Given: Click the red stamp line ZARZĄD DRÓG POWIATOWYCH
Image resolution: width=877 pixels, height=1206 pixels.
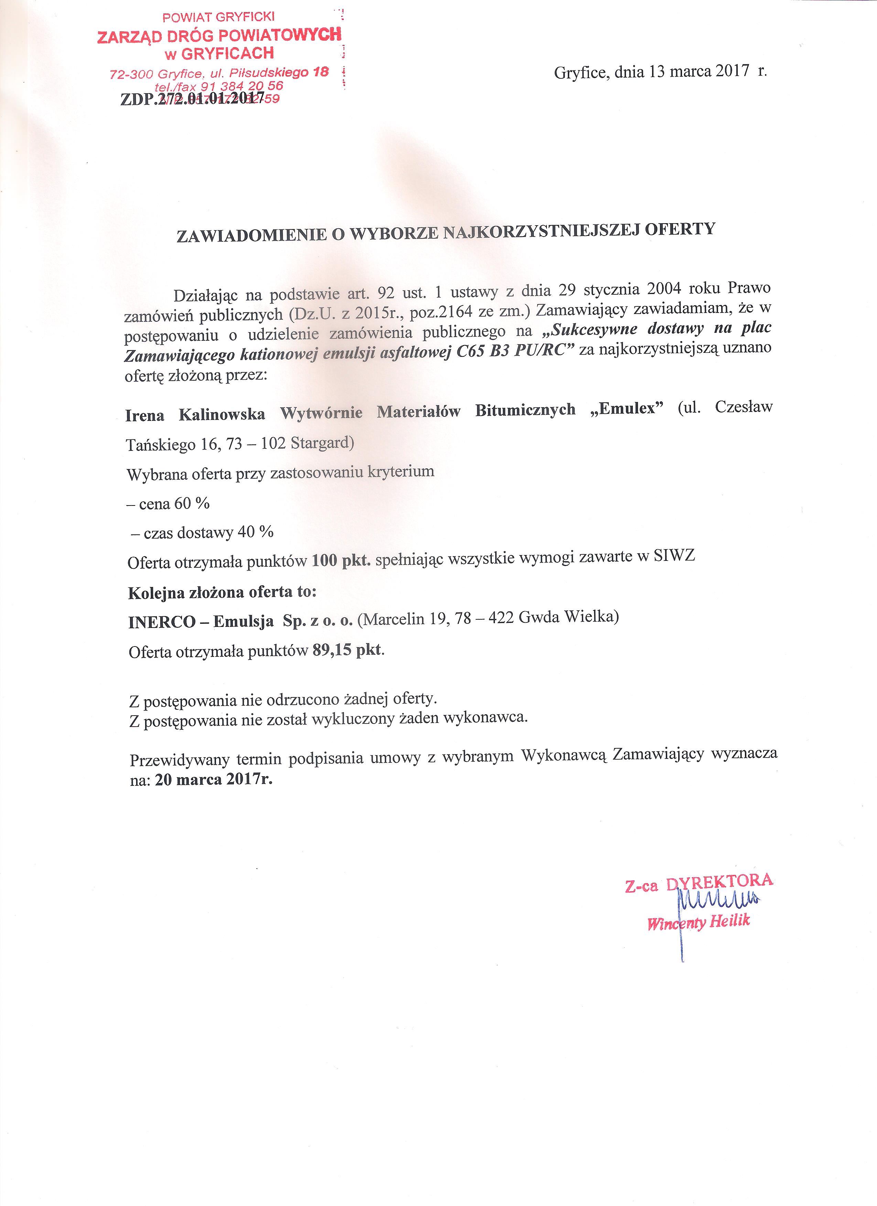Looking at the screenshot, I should click(x=219, y=36).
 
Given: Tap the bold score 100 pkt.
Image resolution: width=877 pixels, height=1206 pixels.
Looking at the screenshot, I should click(x=341, y=560).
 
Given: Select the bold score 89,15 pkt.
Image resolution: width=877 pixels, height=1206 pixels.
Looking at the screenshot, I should click(x=348, y=650).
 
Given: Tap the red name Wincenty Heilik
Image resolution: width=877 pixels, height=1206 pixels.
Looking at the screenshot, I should click(x=698, y=922).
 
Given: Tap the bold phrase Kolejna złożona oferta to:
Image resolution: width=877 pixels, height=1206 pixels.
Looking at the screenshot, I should click(x=222, y=593).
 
